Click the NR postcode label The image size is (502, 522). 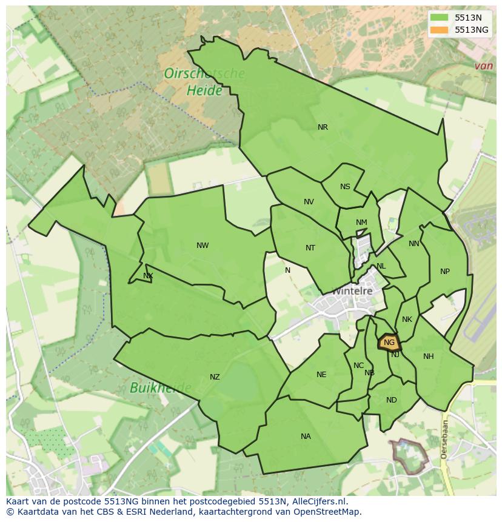point(323,127)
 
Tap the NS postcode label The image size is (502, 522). point(345,187)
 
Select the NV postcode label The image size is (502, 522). point(309,202)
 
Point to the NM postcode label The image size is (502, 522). point(361,223)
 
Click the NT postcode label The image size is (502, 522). point(310,247)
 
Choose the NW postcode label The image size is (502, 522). point(202,246)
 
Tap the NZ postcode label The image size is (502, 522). point(215,377)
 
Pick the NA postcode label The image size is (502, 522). point(306,437)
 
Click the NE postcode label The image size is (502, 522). point(321,375)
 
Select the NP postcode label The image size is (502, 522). point(445,272)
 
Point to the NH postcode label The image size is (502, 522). point(429,356)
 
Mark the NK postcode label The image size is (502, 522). point(407,320)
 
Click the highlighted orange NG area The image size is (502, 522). point(389,343)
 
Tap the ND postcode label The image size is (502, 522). point(391,400)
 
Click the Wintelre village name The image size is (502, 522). point(352,291)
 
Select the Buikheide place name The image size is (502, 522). point(160,387)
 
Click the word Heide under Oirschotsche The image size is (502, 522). point(188,90)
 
